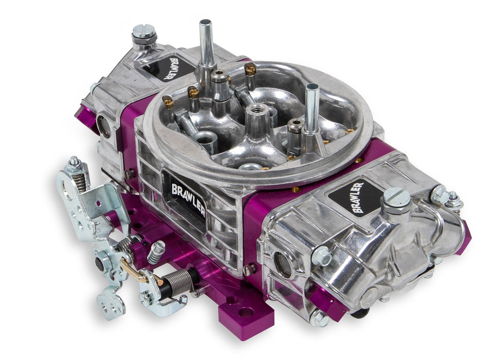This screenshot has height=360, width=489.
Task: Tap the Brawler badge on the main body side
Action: pyautogui.click(x=184, y=194)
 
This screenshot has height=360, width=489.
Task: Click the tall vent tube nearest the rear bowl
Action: pyautogui.click(x=206, y=44)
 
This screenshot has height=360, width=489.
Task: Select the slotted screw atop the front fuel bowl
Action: pyautogui.click(x=396, y=197)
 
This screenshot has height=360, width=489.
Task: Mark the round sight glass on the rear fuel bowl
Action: pyautogui.click(x=103, y=125)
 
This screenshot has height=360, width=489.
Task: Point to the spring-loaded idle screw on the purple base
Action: pyautogui.click(x=156, y=251)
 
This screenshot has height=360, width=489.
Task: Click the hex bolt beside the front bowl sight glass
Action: pyautogui.click(x=321, y=256)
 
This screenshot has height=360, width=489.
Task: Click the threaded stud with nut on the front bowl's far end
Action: pyautogui.click(x=453, y=200)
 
